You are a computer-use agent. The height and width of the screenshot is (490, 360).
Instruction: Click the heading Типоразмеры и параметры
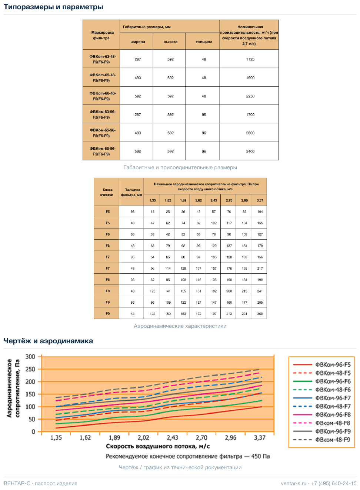click(x=53, y=7)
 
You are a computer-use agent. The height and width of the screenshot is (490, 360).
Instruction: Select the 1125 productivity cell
click(x=250, y=59)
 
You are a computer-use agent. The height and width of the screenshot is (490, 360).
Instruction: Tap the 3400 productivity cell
click(x=250, y=151)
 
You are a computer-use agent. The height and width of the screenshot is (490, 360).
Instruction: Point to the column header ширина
click(x=137, y=42)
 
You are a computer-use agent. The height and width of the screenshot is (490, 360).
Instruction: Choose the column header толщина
click(x=204, y=42)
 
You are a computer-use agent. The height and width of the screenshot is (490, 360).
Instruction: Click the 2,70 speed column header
click(x=229, y=200)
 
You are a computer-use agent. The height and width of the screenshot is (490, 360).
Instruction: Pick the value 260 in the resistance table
click(x=260, y=314)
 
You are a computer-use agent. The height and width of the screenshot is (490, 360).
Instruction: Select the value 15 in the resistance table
click(x=153, y=212)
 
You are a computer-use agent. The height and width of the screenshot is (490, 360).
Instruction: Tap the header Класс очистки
click(x=107, y=192)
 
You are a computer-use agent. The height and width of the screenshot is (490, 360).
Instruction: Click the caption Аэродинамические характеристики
click(x=180, y=326)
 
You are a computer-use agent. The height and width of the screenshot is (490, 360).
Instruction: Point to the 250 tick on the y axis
click(x=30, y=369)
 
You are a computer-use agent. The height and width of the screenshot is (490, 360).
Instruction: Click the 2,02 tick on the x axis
click(x=143, y=437)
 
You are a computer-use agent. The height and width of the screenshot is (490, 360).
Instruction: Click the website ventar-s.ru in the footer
click(x=293, y=483)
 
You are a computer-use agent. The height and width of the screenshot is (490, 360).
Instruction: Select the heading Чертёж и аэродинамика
click(x=49, y=341)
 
